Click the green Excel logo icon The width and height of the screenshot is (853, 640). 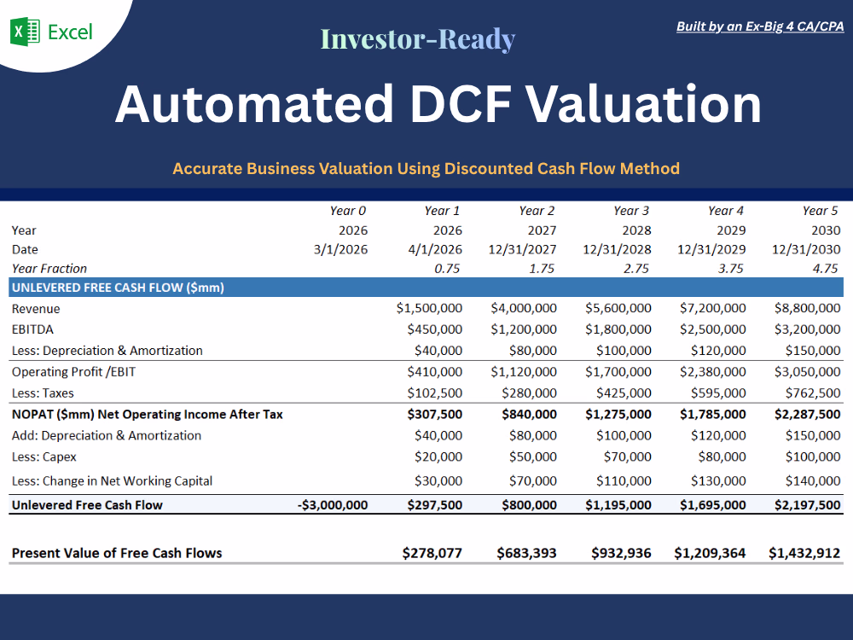coord(25,32)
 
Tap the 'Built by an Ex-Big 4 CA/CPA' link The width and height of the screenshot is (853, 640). coord(760,26)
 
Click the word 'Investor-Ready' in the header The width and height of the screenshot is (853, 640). coord(418,39)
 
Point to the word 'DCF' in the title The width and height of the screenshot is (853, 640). coord(461,104)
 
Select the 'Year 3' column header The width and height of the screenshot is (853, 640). coord(631,211)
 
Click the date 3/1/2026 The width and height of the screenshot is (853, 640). coord(340,249)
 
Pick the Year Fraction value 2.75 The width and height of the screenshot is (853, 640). coord(636,268)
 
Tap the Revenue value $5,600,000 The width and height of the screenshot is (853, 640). coord(618,308)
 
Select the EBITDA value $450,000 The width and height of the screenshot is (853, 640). coord(435,329)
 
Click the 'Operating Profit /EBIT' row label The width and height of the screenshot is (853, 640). coord(73,372)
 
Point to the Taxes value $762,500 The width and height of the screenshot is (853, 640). coord(813,393)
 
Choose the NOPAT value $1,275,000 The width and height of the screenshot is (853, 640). coord(618,414)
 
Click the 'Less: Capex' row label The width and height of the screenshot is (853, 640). coord(44,457)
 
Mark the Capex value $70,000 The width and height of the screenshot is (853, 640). coord(627,457)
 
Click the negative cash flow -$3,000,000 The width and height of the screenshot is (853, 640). coord(333,505)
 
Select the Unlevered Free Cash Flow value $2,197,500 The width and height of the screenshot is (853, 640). coord(807,505)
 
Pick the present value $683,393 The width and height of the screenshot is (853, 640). coord(526,553)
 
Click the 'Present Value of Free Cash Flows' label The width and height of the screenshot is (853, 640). coord(117,553)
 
